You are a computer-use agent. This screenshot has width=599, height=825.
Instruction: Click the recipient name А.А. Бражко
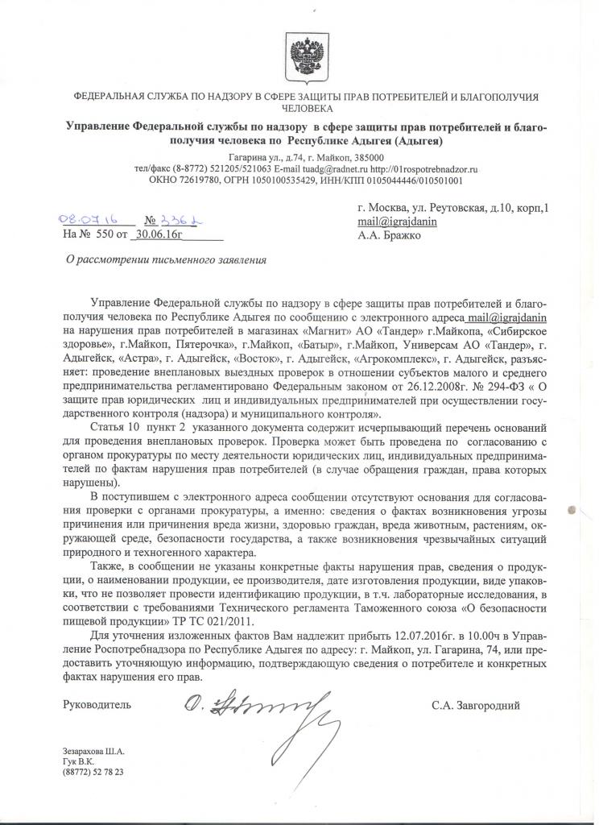click(x=390, y=236)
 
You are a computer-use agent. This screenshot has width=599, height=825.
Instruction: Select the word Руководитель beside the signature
click(x=97, y=705)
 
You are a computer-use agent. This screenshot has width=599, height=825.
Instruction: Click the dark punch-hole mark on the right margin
click(x=572, y=509)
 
